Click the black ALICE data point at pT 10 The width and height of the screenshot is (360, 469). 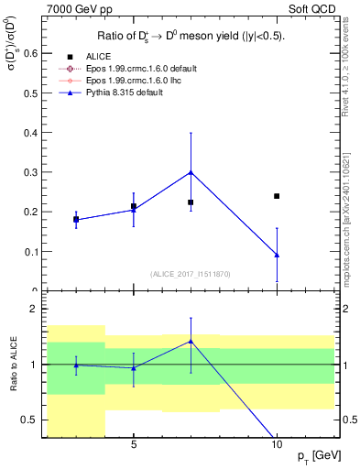(x=277, y=196)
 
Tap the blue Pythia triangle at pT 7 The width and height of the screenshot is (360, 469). (x=191, y=172)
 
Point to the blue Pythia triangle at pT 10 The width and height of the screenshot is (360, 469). (x=277, y=255)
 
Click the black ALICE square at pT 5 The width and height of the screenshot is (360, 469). (x=134, y=206)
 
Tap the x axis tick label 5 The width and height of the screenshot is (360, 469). (x=134, y=445)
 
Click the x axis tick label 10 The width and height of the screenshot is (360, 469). (x=277, y=445)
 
